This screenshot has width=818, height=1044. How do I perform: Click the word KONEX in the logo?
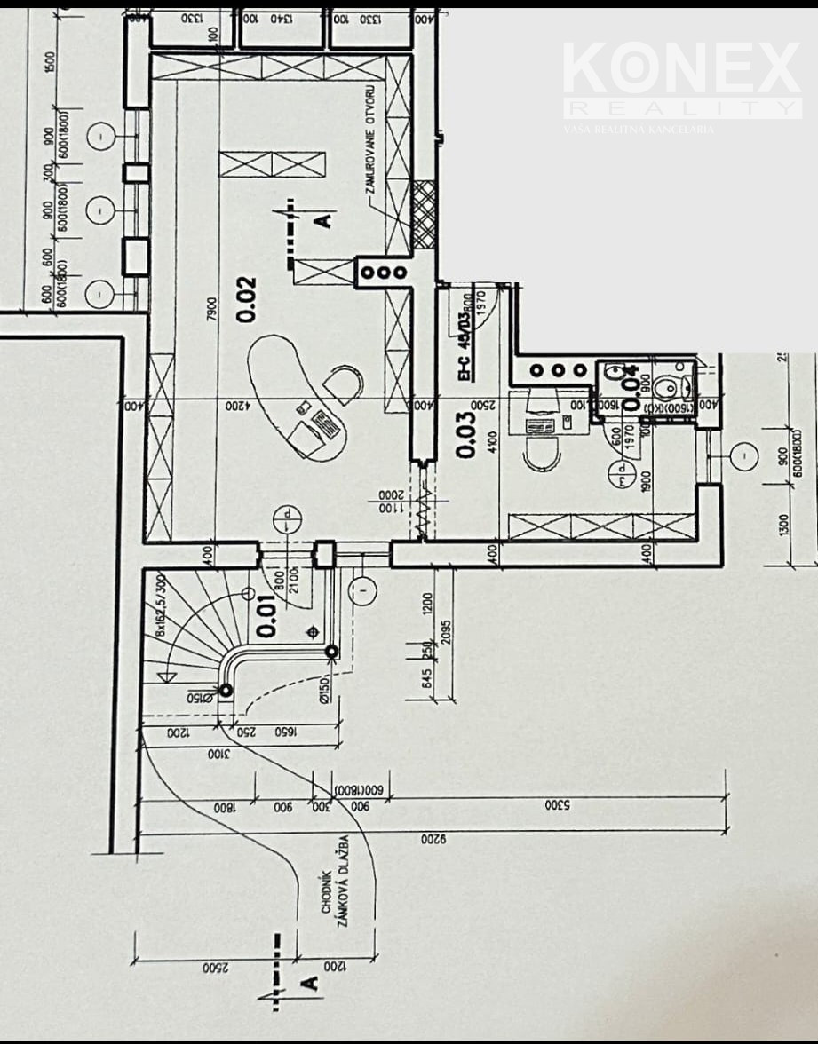[x=681, y=70]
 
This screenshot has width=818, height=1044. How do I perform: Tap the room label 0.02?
[x=246, y=299]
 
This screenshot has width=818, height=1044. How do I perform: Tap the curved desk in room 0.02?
[x=293, y=396]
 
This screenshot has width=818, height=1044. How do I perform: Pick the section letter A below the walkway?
[x=309, y=983]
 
